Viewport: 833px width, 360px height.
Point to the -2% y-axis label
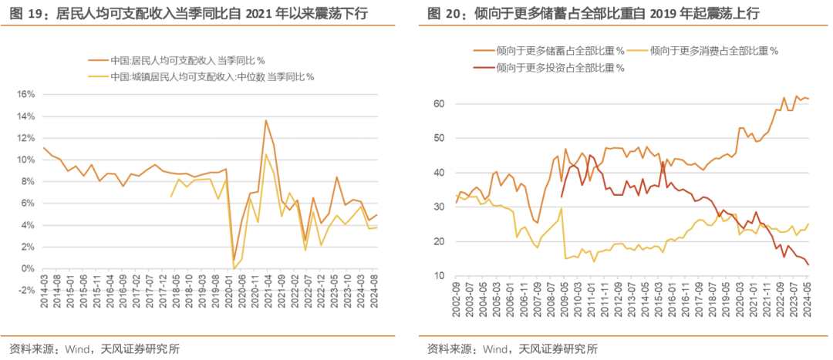tap(23, 290)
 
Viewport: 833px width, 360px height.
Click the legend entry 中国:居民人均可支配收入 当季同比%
tap(177, 59)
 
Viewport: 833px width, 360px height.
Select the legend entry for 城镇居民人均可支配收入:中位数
tap(202, 76)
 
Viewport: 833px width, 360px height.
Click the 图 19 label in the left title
tap(29, 13)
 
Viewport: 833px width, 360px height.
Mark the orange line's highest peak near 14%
tap(265, 119)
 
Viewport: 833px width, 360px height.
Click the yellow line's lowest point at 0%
tap(234, 268)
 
